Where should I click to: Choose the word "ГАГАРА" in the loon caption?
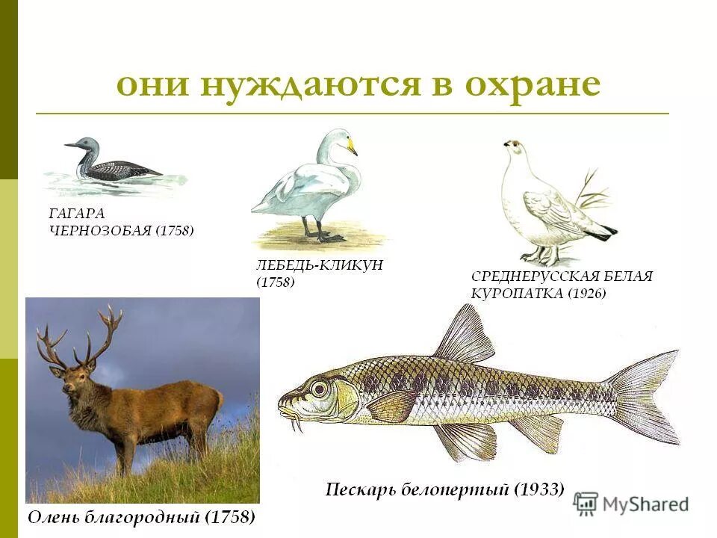point(77,214)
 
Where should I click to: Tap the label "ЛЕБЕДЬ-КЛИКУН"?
point(314,265)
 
